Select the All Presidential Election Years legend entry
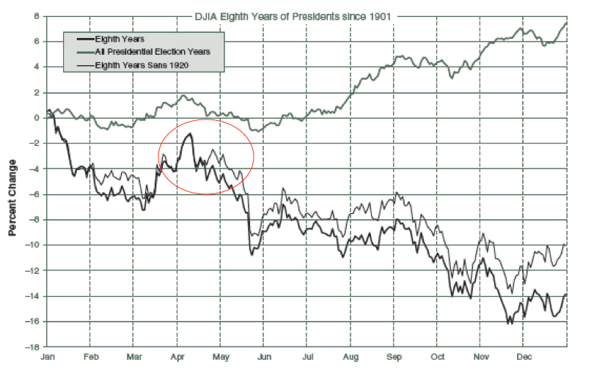coord(153,51)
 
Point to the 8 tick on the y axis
coord(36,16)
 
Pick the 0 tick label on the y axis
coord(36,118)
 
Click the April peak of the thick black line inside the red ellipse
coord(190,134)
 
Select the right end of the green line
coord(567,22)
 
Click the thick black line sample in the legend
coord(78,40)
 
